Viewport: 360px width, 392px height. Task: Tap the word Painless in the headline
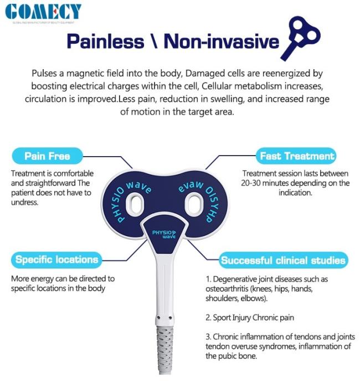point(105,42)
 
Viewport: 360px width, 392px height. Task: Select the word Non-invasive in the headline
point(221,42)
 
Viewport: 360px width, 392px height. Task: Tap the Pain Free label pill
point(47,156)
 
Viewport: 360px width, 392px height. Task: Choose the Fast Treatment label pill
point(296,156)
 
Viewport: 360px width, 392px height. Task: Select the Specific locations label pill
point(56,260)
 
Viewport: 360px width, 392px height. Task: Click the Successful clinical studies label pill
point(283,260)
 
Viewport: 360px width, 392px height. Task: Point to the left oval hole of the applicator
point(135,204)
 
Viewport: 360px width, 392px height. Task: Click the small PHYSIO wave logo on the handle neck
point(164,234)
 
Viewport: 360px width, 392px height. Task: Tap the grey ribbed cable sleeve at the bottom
point(165,349)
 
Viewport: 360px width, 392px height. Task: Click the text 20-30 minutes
point(264,183)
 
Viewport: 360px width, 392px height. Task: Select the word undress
point(24,202)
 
